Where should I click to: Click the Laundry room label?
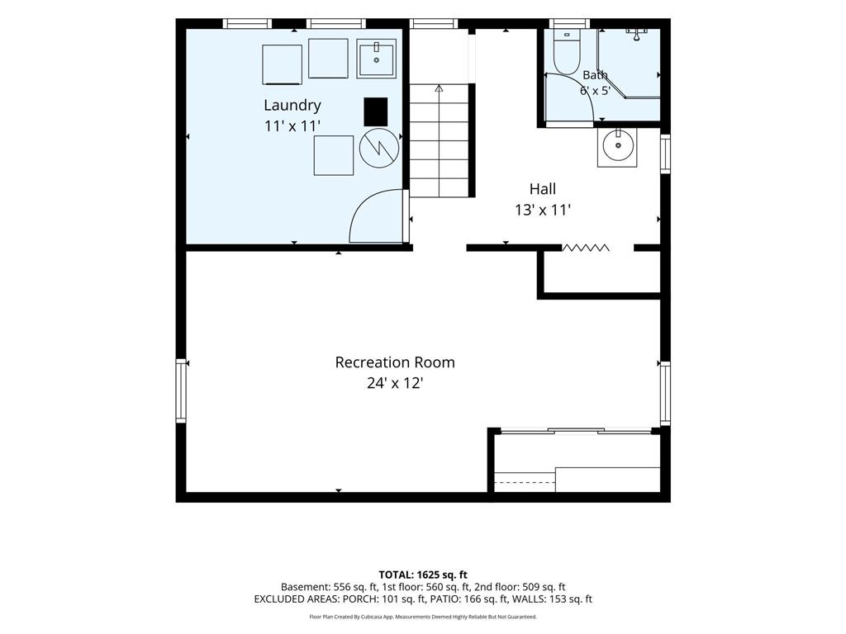pyautogui.click(x=292, y=105)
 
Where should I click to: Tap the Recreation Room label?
pyautogui.click(x=395, y=362)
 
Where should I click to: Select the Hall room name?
pyautogui.click(x=542, y=189)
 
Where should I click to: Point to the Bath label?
pyautogui.click(x=595, y=75)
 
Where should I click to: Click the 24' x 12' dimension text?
pyautogui.click(x=395, y=383)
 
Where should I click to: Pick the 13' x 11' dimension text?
pyautogui.click(x=542, y=210)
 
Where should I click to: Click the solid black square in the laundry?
pyautogui.click(x=376, y=111)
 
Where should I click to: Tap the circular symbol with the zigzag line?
pyautogui.click(x=379, y=148)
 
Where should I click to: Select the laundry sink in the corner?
pyautogui.click(x=376, y=58)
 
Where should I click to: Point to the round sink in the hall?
pyautogui.click(x=617, y=147)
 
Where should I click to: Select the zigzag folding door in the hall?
pyautogui.click(x=586, y=248)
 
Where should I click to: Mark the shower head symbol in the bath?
pyautogui.click(x=637, y=34)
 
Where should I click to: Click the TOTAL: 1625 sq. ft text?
pyautogui.click(x=423, y=575)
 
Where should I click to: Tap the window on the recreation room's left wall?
pyautogui.click(x=181, y=390)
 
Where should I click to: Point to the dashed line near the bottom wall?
pyautogui.click(x=525, y=482)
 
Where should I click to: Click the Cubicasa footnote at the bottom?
pyautogui.click(x=423, y=617)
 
